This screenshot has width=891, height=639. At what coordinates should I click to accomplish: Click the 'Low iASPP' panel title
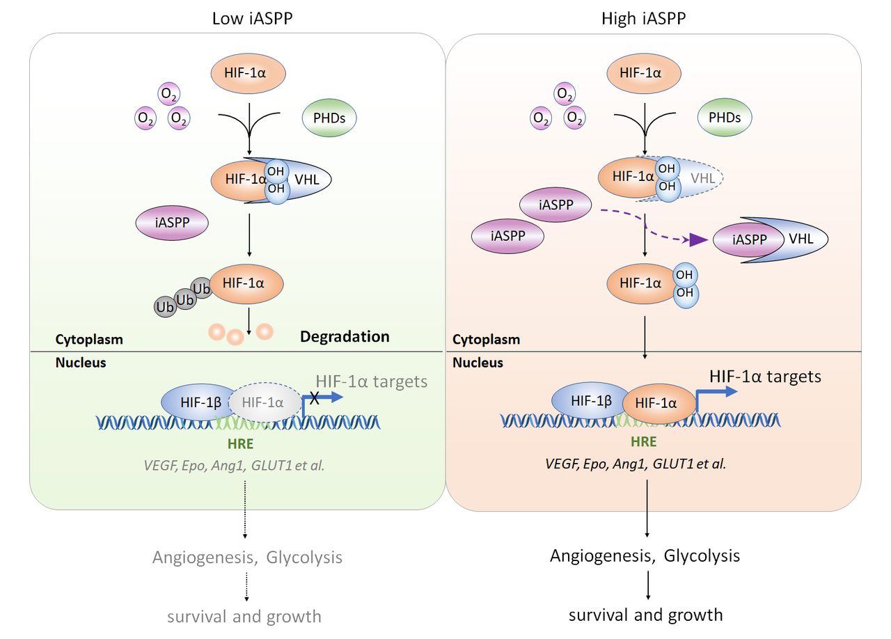(x=251, y=19)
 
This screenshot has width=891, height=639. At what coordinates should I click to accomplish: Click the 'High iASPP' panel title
(x=644, y=19)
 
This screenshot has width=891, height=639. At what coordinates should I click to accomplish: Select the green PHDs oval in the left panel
(x=329, y=118)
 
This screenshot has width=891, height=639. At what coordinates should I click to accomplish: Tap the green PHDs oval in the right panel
(x=724, y=118)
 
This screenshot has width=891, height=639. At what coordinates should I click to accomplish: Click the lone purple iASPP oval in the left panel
(x=172, y=224)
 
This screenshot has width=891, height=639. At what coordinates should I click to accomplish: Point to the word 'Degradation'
(x=345, y=337)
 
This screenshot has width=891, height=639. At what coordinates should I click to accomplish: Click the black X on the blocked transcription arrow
(x=315, y=397)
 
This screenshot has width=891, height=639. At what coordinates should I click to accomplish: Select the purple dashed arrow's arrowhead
(x=697, y=240)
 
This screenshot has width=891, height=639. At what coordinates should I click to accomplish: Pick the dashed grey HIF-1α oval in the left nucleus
(x=262, y=402)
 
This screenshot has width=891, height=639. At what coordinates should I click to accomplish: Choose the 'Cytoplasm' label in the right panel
(x=486, y=340)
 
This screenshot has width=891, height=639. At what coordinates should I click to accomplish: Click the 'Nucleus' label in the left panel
(x=81, y=363)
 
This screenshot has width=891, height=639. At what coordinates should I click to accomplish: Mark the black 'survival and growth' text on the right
(x=646, y=615)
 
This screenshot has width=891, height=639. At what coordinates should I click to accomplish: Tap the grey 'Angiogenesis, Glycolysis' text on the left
(x=247, y=558)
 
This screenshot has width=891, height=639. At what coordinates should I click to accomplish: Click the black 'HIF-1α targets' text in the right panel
(x=765, y=377)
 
